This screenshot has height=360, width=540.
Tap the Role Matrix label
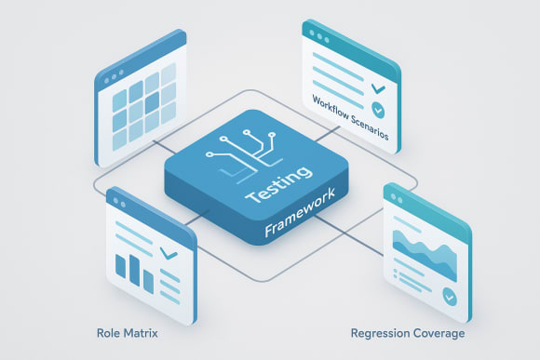[127, 331]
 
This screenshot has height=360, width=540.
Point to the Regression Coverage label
[408, 332]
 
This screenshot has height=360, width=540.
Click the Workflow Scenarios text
[351, 120]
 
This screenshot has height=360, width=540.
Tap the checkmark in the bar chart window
[169, 252]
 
